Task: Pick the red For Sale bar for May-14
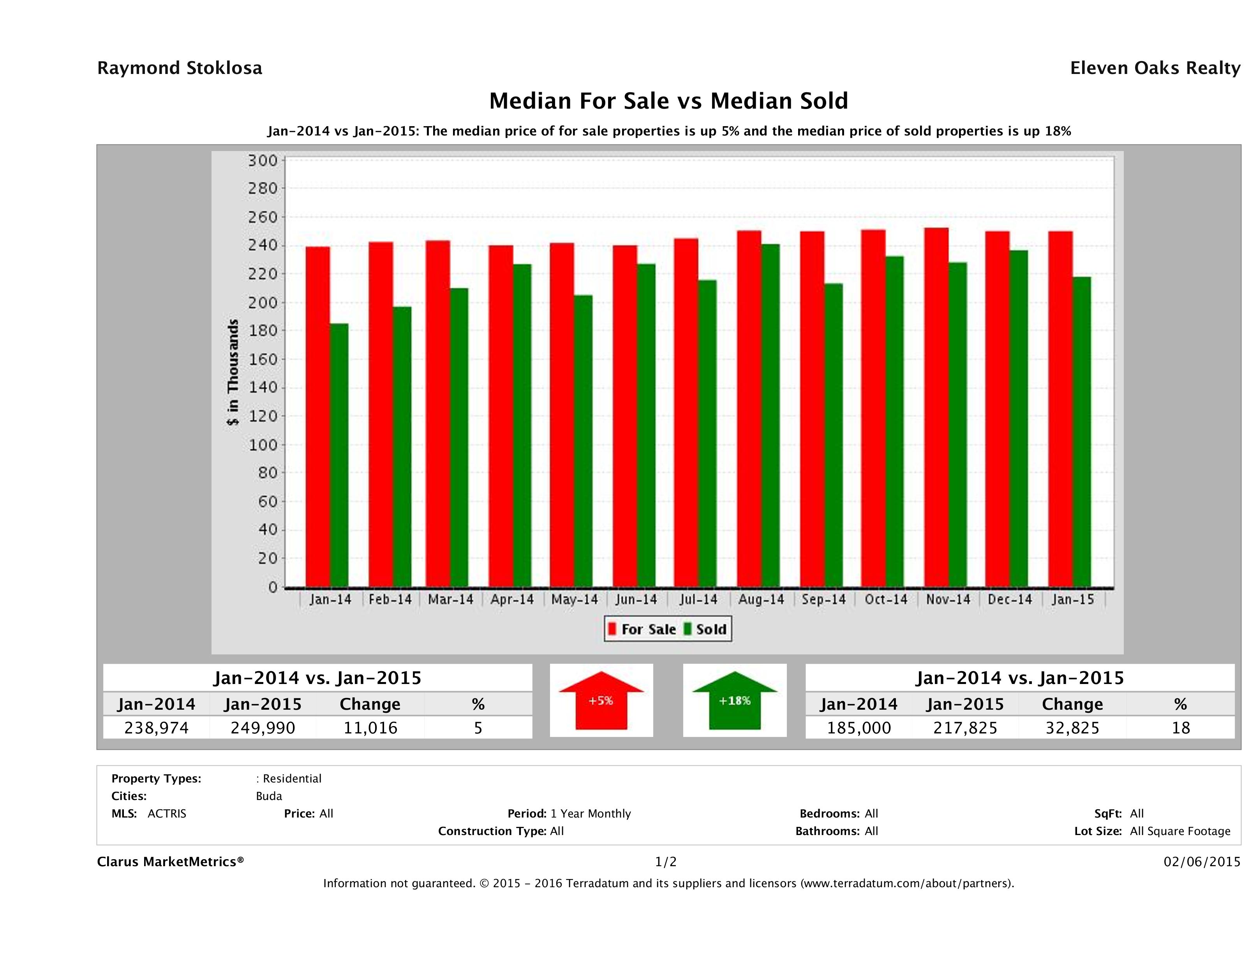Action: [x=561, y=415]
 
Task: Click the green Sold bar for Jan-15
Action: [x=1081, y=432]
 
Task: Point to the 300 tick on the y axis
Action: [x=263, y=161]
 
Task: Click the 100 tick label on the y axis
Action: [x=263, y=445]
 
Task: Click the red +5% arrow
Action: [x=601, y=701]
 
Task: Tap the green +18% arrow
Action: [x=735, y=701]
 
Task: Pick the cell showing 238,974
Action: [x=156, y=728]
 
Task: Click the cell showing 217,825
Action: [x=965, y=728]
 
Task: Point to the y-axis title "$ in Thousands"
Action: [x=233, y=373]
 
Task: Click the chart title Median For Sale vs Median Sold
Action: [x=668, y=101]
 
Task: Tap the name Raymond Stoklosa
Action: [x=180, y=68]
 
